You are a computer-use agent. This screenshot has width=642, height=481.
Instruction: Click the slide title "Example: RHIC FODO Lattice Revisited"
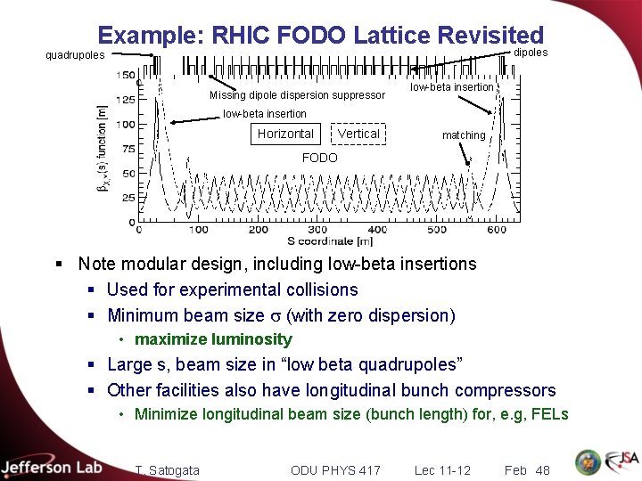[x=320, y=35]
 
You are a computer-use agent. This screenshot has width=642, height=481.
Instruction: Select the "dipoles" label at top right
[x=531, y=53]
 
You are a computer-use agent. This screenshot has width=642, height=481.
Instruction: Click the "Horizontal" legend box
[x=285, y=134]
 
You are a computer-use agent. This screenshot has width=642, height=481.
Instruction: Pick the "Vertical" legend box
[x=358, y=134]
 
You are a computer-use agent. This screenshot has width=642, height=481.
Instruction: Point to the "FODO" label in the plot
[x=320, y=158]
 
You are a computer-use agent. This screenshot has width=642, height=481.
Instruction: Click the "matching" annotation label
[x=464, y=135]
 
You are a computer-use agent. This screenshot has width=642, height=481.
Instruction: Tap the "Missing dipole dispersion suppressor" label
[x=297, y=95]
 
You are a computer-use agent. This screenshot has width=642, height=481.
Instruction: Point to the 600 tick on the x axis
[x=497, y=230]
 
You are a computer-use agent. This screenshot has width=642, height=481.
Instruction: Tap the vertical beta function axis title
[x=104, y=149]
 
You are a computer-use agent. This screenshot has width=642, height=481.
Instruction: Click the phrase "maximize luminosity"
[x=213, y=339]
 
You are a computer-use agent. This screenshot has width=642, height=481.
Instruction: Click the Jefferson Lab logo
[x=52, y=468]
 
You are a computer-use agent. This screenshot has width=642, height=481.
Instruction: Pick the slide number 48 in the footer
[x=542, y=470]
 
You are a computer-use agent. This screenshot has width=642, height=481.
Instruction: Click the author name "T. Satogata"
[x=167, y=470]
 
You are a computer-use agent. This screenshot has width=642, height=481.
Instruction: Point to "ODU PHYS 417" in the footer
[x=335, y=470]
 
